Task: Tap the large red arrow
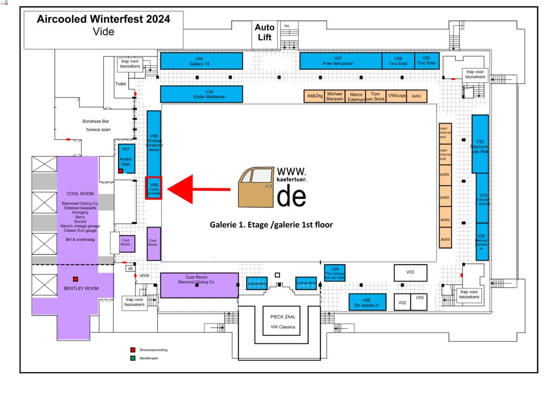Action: (198, 189)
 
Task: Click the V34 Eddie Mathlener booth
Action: (201, 94)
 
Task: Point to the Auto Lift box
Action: (264, 33)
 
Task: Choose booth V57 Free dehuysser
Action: (340, 61)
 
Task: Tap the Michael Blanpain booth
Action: (335, 96)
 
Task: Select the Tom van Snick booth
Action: (375, 96)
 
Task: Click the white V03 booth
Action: (410, 272)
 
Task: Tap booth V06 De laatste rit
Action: (367, 302)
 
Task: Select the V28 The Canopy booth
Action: (335, 272)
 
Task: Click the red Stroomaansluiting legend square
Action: (132, 349)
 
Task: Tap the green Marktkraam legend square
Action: (132, 358)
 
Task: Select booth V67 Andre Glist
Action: (127, 157)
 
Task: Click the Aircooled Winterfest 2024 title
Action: (103, 20)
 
